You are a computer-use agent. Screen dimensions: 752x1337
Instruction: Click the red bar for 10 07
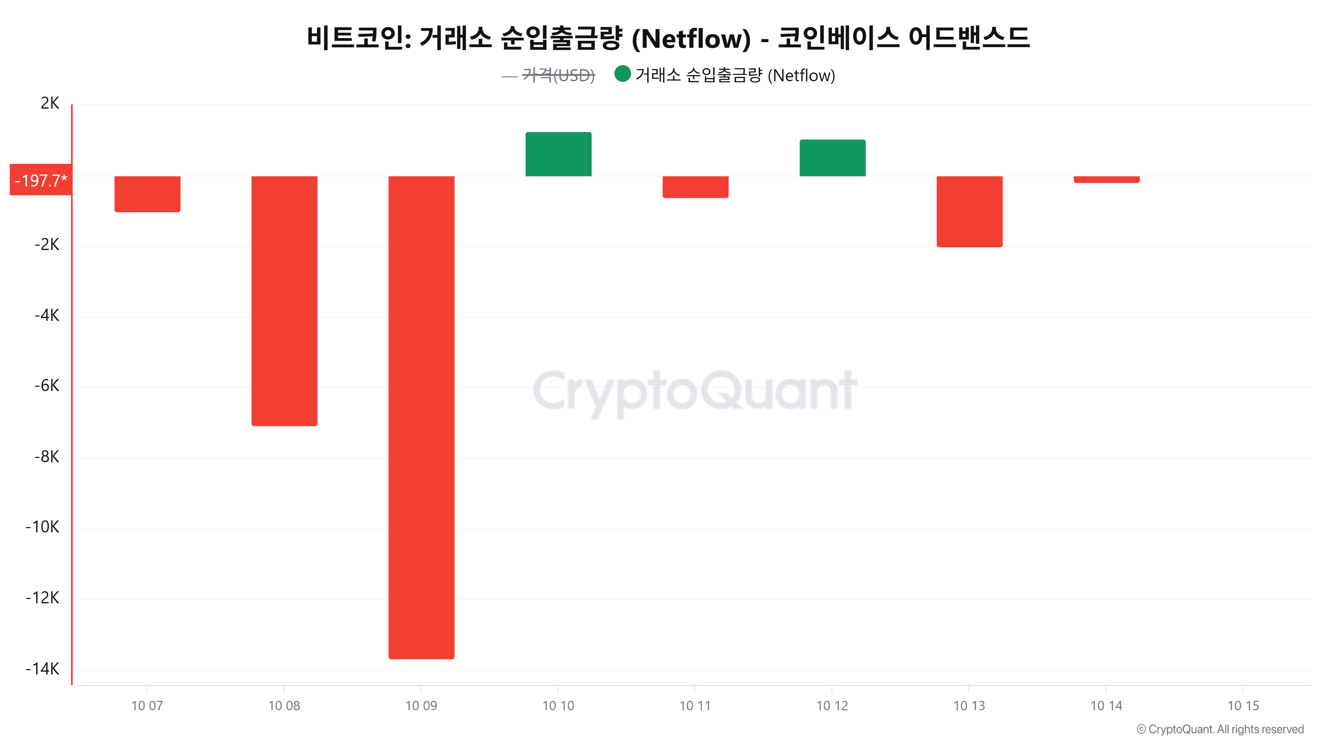147,194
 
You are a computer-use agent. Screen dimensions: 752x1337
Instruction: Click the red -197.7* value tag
40,180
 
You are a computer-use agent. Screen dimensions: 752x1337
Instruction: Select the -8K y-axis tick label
47,457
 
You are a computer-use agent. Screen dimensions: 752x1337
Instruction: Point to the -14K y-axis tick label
42,668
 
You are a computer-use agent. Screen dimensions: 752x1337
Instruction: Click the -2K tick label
47,244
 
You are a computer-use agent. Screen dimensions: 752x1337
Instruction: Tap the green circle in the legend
622,74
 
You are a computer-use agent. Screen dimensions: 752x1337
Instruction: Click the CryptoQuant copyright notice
1220,729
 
